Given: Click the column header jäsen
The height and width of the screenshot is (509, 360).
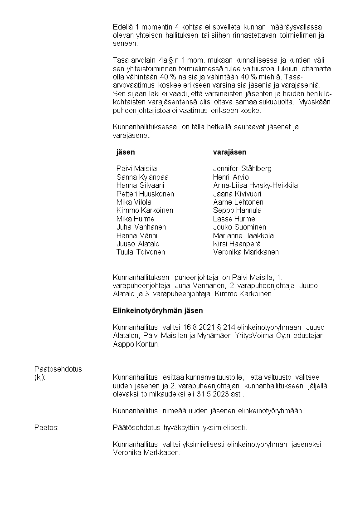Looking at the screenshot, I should [x=126, y=152].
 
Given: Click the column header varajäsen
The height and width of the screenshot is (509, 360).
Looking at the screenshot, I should [x=229, y=152].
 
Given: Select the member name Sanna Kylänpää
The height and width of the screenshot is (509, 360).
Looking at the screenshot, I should [x=139, y=177].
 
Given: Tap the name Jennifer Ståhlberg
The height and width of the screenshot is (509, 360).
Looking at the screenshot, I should [x=242, y=169].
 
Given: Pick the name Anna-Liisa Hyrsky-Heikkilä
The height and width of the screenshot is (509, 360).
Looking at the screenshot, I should [x=255, y=185].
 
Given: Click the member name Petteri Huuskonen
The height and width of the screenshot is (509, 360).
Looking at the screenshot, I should [x=145, y=194].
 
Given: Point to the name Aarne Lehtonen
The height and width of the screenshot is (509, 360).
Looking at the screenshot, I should [x=238, y=202].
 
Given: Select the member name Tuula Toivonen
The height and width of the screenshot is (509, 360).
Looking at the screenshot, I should [x=141, y=252].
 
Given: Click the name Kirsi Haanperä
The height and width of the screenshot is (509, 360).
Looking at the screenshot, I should [x=237, y=244].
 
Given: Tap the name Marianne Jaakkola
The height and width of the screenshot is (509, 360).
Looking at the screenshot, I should [x=243, y=235].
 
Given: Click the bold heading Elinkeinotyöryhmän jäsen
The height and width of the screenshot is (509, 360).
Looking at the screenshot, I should [x=158, y=311].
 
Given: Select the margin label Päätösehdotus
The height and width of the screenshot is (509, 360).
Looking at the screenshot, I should [x=58, y=369].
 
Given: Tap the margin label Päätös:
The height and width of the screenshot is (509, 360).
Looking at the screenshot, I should [x=46, y=427].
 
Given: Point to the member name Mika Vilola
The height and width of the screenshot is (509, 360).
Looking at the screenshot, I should [x=134, y=202].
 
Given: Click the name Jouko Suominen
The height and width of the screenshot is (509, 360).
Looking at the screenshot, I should [x=239, y=227].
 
